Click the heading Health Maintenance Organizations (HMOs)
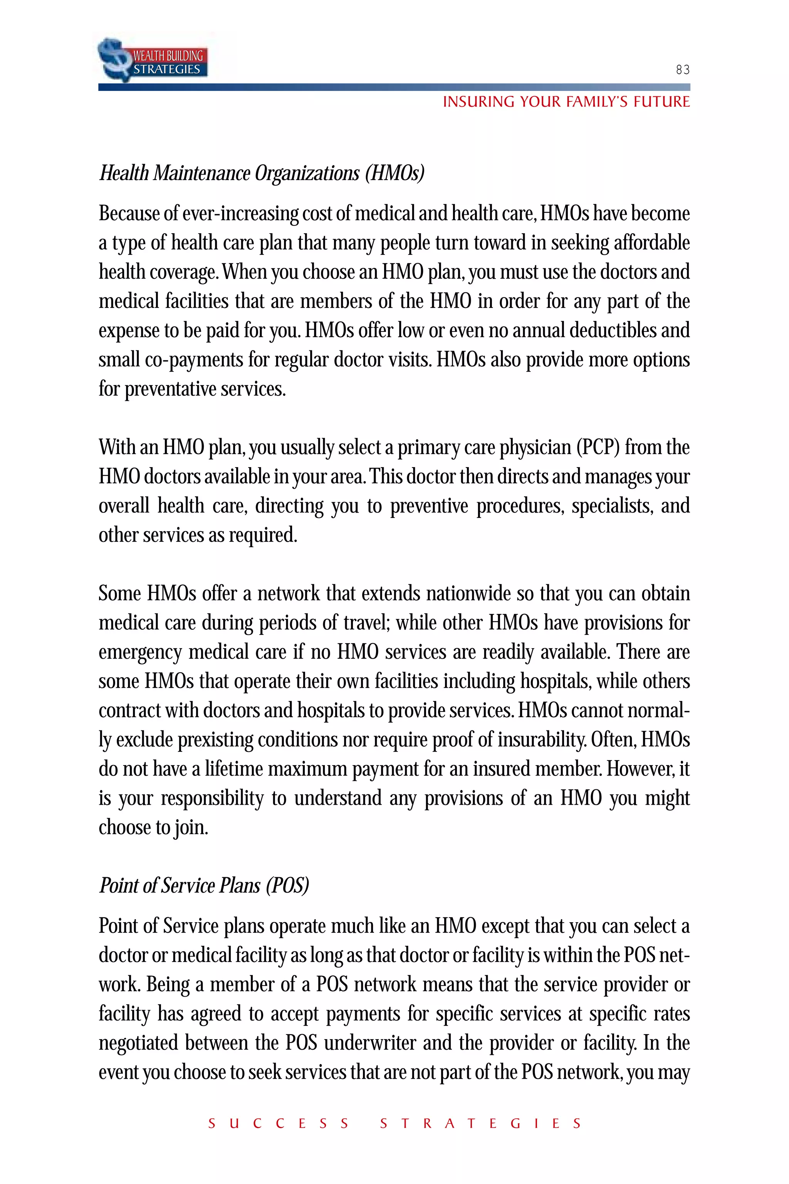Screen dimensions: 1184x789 point(262,173)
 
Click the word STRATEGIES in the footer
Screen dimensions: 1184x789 point(480,1123)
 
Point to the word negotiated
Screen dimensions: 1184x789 point(138,1043)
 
